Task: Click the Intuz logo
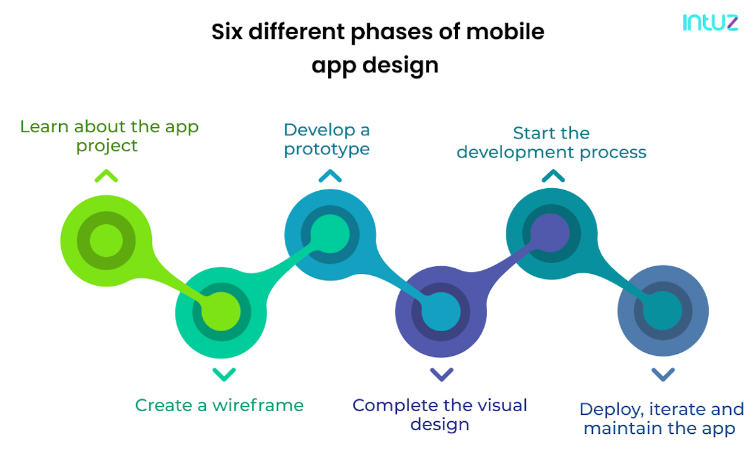pyautogui.click(x=710, y=23)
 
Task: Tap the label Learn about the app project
pyautogui.click(x=109, y=136)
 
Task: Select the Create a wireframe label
pyautogui.click(x=219, y=405)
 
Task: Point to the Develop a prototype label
pyautogui.click(x=326, y=139)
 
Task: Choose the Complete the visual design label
pyautogui.click(x=440, y=414)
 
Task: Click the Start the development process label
pyautogui.click(x=551, y=142)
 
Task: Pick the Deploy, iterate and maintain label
pyautogui.click(x=661, y=419)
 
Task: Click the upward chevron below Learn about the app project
pyautogui.click(x=106, y=176)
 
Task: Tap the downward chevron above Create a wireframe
pyautogui.click(x=224, y=375)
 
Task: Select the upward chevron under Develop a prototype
pyautogui.click(x=329, y=176)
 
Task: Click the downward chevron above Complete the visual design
pyautogui.click(x=441, y=375)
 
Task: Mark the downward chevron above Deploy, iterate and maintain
pyautogui.click(x=663, y=375)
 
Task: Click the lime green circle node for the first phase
pyautogui.click(x=106, y=241)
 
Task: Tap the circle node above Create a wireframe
pyautogui.click(x=220, y=312)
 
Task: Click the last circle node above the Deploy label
pyautogui.click(x=663, y=312)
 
